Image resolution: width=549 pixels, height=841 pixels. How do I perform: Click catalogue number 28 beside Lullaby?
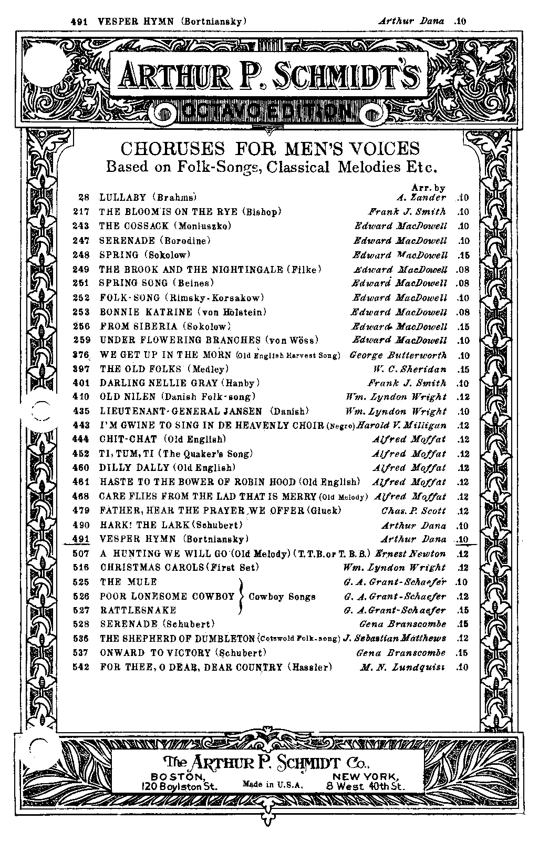coord(87,198)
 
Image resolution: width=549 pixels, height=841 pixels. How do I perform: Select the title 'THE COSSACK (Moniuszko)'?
coord(165,226)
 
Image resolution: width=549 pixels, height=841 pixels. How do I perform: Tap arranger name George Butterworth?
coord(398,355)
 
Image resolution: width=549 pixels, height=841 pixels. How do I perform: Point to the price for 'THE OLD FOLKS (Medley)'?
coord(463,370)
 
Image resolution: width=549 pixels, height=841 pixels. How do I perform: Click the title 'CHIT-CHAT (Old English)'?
coord(162,439)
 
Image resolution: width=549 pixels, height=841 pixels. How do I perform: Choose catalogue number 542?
coord(84,667)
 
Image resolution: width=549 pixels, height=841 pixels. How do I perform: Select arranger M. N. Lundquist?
coord(403,668)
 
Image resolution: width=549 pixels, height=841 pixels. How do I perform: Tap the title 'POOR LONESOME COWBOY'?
coord(167,596)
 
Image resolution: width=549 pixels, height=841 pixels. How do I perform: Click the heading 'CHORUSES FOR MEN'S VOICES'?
coord(271,148)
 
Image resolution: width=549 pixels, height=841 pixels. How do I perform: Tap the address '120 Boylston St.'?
coord(179,786)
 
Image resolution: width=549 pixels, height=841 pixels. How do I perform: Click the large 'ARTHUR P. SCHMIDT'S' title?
coord(270,76)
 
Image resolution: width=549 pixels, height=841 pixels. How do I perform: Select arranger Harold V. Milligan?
coord(401,425)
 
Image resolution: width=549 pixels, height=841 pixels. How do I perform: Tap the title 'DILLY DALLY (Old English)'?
coord(167,467)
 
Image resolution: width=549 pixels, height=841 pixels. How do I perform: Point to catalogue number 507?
coord(84,553)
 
